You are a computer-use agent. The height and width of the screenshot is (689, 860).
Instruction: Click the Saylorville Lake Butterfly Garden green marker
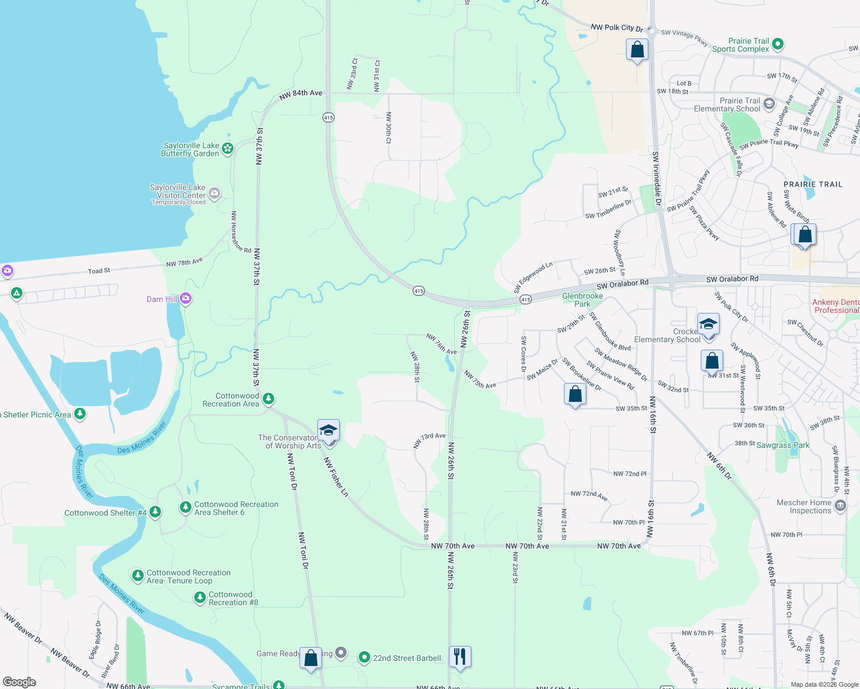(x=228, y=149)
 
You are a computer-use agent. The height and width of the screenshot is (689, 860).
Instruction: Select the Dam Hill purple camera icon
(x=185, y=298)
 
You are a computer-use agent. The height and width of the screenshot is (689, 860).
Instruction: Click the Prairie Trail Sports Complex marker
(x=777, y=44)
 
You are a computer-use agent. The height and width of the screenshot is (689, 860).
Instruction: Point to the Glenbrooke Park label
(x=582, y=300)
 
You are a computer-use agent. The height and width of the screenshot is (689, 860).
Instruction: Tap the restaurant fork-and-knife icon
(x=460, y=656)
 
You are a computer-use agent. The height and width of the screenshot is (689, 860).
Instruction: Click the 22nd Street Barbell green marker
(x=363, y=657)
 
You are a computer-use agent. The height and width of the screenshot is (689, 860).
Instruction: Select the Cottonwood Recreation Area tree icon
(x=268, y=398)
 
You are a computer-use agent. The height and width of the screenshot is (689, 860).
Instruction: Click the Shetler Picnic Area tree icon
(x=80, y=413)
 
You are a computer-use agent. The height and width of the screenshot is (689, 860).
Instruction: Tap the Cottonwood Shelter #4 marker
(x=155, y=512)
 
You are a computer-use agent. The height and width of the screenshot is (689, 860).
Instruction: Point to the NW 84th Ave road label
(x=301, y=94)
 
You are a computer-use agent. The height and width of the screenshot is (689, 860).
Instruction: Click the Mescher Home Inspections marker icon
(x=840, y=505)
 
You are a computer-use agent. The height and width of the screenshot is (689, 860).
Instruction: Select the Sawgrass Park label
(x=782, y=445)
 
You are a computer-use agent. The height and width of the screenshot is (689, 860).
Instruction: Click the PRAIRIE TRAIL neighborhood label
(x=812, y=184)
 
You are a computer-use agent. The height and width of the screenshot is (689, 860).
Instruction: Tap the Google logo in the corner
(x=19, y=682)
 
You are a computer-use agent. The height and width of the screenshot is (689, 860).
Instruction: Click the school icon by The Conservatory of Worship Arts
(x=328, y=430)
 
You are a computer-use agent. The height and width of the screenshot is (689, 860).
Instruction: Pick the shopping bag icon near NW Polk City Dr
(x=637, y=50)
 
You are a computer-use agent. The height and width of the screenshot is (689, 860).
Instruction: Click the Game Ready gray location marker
(x=341, y=652)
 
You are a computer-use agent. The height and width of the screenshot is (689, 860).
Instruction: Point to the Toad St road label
(x=99, y=270)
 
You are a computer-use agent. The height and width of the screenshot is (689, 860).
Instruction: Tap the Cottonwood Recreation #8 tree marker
(x=199, y=598)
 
